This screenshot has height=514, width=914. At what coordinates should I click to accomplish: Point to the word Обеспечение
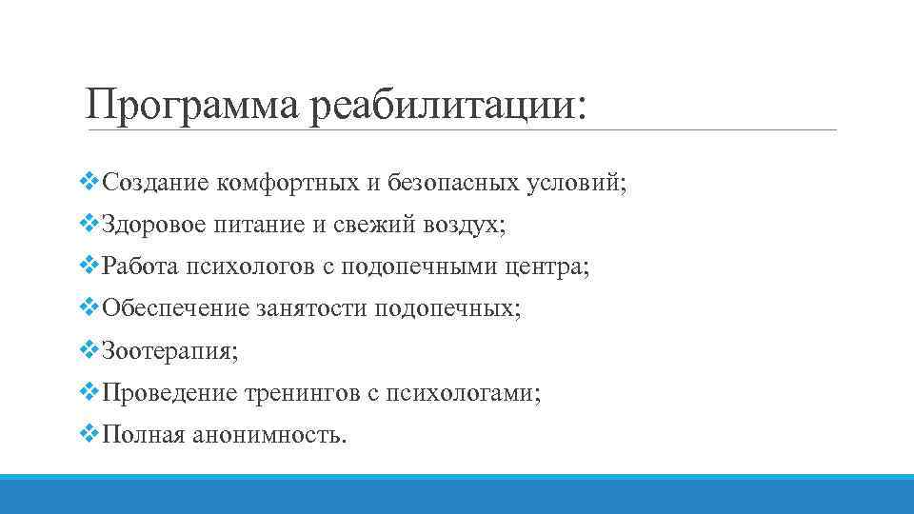click(x=174, y=309)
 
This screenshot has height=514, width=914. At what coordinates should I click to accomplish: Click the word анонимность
click(x=270, y=435)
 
